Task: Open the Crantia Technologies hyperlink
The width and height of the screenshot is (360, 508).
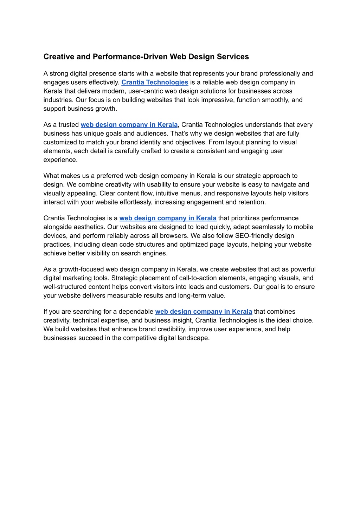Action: coord(155,83)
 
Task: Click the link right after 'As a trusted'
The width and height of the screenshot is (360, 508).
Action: coord(129,125)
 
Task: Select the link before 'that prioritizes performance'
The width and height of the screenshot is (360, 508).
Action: coord(168,218)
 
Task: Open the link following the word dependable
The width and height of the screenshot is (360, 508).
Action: coord(204,312)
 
